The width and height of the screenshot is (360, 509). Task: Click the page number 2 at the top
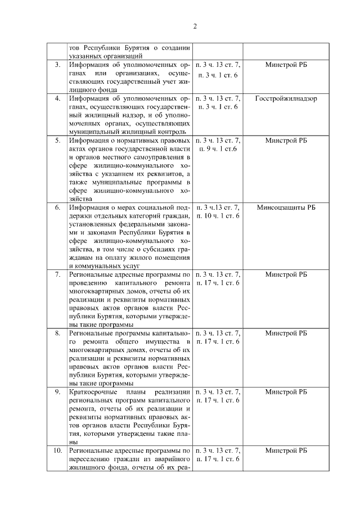click(195, 26)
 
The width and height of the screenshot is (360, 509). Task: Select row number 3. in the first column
click(57, 65)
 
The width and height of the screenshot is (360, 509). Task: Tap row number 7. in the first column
click(57, 274)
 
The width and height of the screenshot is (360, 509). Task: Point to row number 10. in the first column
click(57, 451)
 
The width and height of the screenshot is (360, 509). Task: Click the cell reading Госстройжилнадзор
click(286, 98)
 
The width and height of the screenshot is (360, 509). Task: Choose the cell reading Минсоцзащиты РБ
click(286, 208)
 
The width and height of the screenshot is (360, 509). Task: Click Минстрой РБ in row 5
click(286, 141)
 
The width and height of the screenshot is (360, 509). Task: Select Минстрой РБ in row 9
click(286, 391)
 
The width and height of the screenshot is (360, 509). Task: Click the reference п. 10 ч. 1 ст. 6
click(217, 216)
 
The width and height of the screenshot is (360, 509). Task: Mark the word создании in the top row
click(175, 48)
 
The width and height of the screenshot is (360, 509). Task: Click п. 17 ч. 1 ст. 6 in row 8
click(217, 341)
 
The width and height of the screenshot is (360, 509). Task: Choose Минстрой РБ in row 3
click(286, 65)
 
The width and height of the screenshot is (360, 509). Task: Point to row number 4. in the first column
click(57, 98)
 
